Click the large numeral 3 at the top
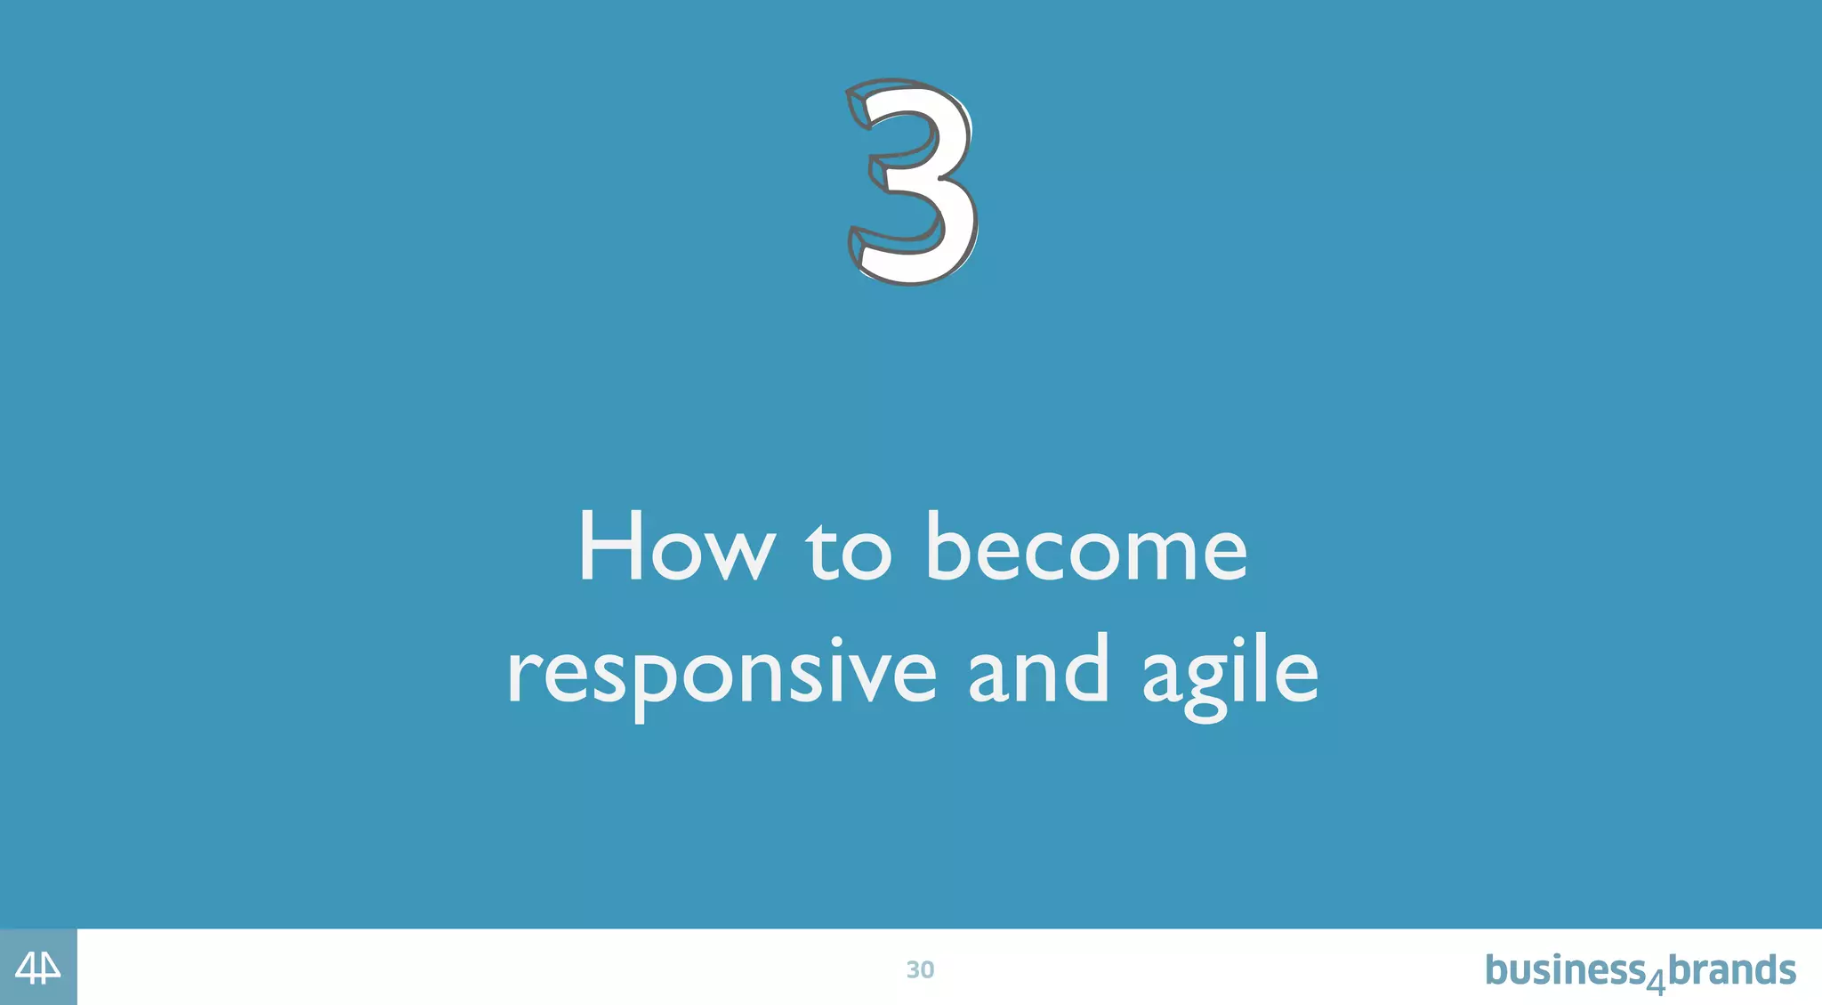click(912, 182)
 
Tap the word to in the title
click(849, 552)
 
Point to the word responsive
click(722, 675)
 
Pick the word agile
click(1229, 675)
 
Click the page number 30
click(920, 969)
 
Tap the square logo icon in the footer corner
click(38, 968)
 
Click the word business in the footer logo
click(1565, 969)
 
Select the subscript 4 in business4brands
click(1656, 983)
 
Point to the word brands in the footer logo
click(1731, 969)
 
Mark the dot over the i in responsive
click(835, 641)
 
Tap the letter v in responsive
click(875, 677)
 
